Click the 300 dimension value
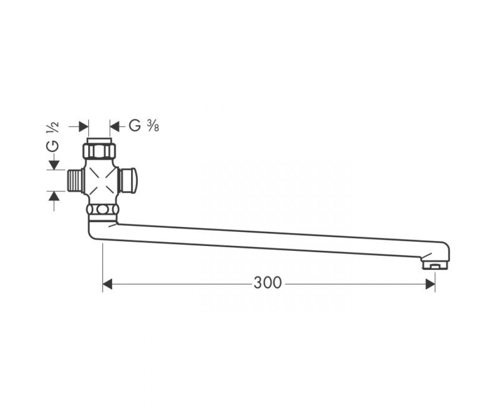pyautogui.click(x=267, y=283)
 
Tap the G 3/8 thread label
pyautogui.click(x=144, y=126)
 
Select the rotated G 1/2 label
pyautogui.click(x=52, y=137)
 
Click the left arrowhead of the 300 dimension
pyautogui.click(x=107, y=284)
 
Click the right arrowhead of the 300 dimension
pyautogui.click(x=430, y=284)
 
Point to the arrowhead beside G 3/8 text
pyautogui.click(x=115, y=126)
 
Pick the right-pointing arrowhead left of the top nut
pyautogui.click(x=84, y=126)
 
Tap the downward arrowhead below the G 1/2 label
pyautogui.click(x=54, y=165)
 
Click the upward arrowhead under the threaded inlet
pyautogui.click(x=54, y=196)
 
